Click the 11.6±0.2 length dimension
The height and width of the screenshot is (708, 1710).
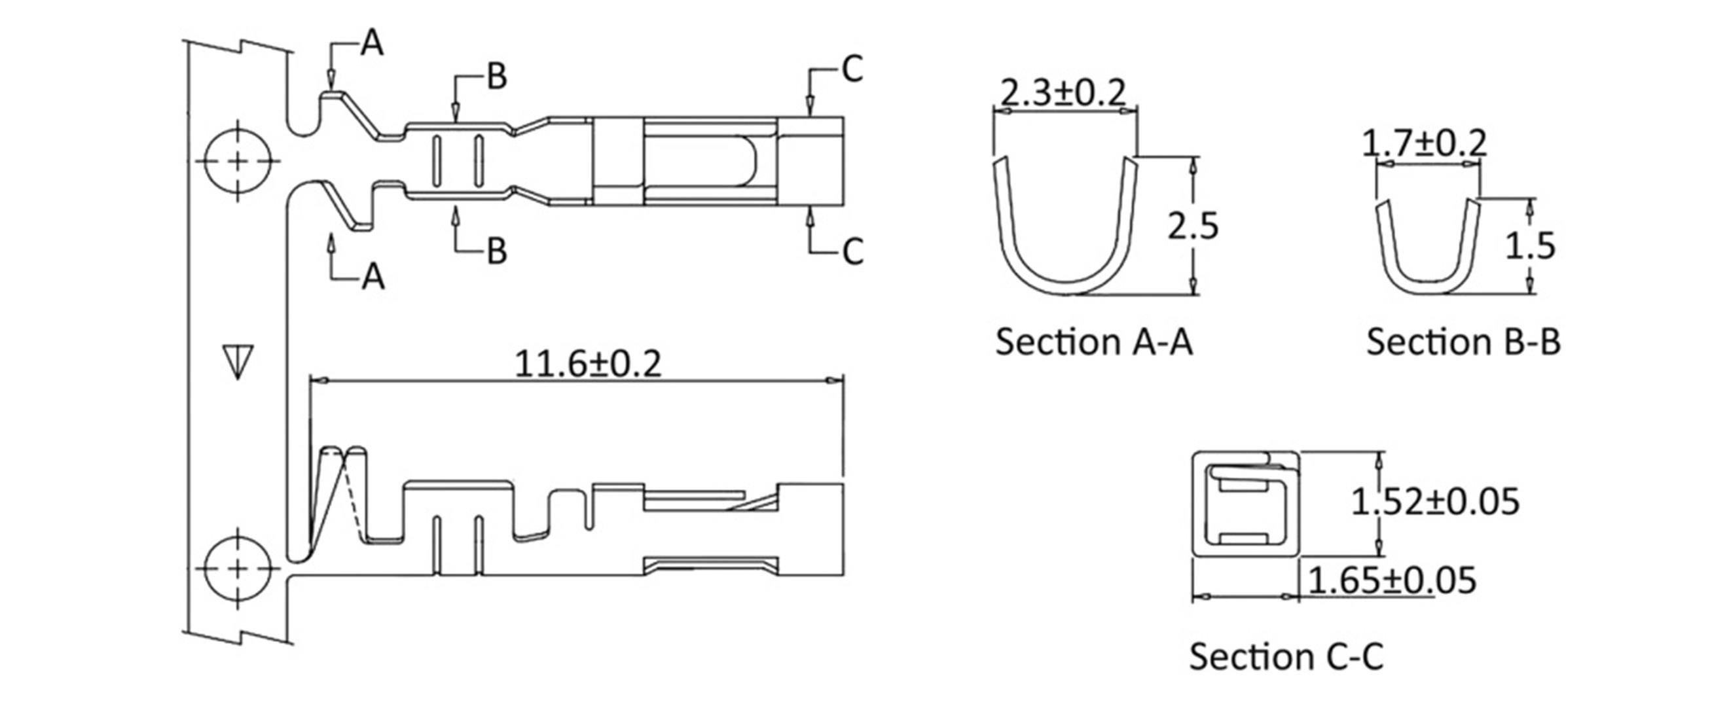point(587,364)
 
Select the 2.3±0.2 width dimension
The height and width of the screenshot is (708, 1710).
point(1063,92)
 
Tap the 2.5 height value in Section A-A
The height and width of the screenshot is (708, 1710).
point(1193,226)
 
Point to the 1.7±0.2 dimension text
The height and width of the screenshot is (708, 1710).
point(1424,143)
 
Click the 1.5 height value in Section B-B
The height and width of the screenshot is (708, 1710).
point(1529,245)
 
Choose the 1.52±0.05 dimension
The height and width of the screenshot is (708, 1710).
point(1435,501)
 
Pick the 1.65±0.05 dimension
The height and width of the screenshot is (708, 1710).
point(1392,580)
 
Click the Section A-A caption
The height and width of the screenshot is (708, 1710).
point(1093,342)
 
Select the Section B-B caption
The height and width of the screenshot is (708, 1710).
point(1463,342)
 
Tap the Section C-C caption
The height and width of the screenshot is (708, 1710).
point(1286,656)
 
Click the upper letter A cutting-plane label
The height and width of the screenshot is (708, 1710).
point(372,44)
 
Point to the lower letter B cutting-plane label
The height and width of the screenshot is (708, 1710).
point(496,251)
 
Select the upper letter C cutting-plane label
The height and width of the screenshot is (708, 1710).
point(852,69)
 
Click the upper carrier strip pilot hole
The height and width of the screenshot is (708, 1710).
point(238,160)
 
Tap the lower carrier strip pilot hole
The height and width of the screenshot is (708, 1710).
point(238,569)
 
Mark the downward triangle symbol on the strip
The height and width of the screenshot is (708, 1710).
point(238,362)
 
